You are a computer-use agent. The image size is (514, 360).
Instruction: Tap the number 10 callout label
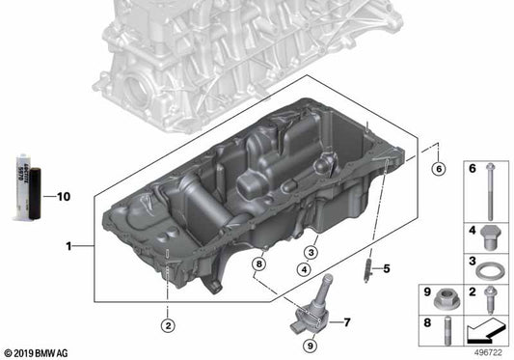(x=64, y=197)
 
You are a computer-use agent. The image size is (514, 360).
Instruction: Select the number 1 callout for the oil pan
(x=69, y=247)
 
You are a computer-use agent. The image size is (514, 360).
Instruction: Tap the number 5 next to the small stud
(x=385, y=267)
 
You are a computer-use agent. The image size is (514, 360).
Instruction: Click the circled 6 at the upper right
(x=438, y=170)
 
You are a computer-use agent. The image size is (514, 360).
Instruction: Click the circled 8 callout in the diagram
(x=258, y=263)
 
